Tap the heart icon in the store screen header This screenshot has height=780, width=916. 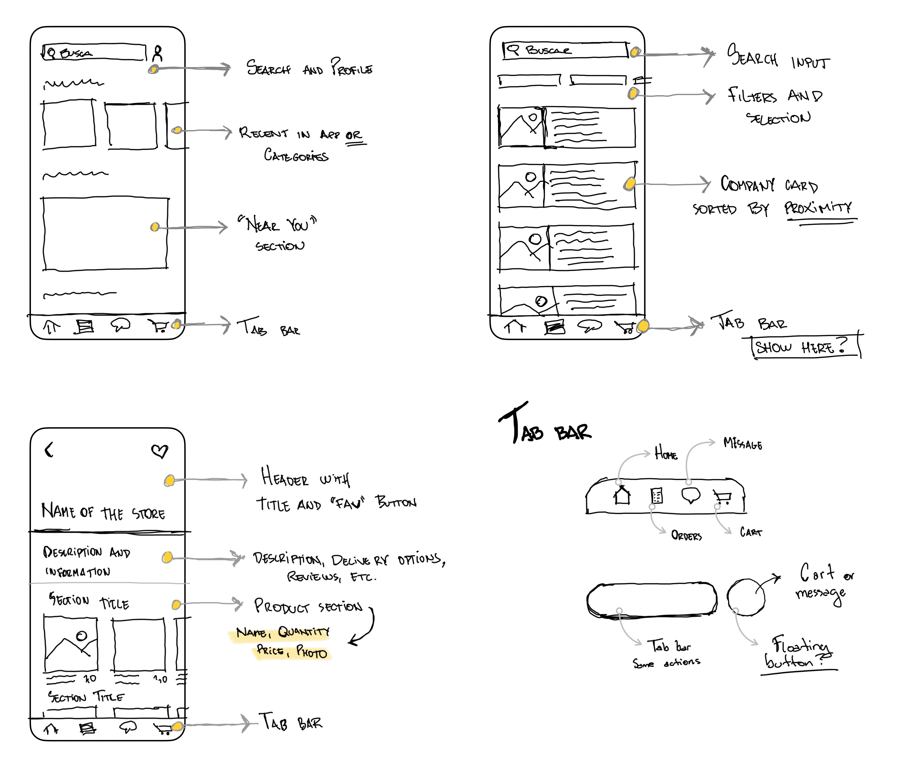coord(160,451)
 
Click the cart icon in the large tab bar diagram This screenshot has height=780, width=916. coord(722,497)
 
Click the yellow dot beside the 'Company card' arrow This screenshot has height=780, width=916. coord(630,184)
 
